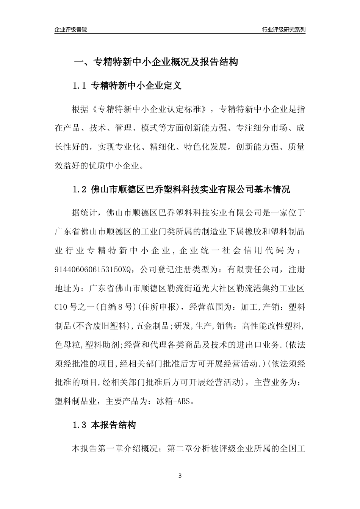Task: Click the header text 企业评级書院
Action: click(71, 30)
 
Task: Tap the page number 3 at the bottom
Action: click(180, 476)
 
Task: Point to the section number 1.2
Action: click(80, 189)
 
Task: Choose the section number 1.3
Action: click(80, 425)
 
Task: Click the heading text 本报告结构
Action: click(113, 425)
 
